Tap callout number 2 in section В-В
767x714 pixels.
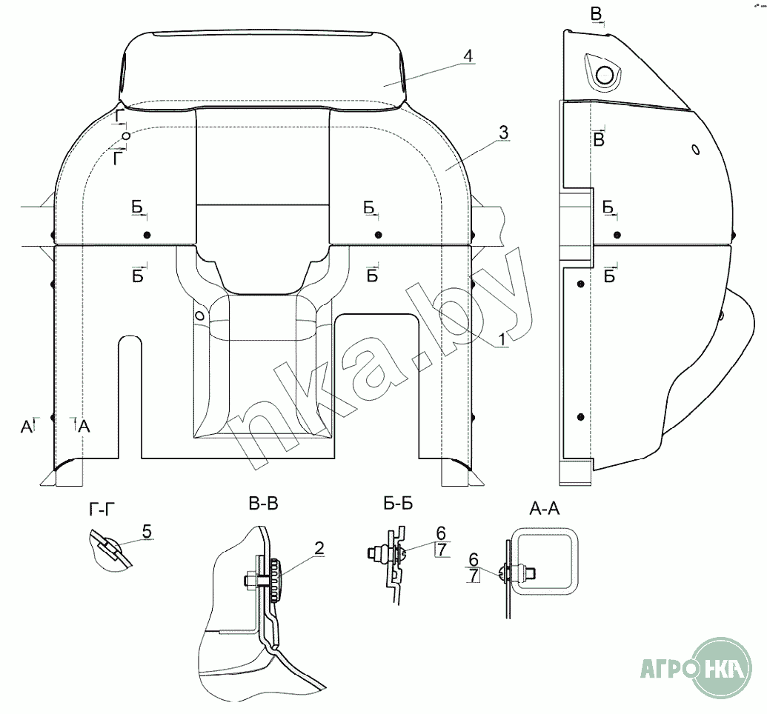tap(319, 549)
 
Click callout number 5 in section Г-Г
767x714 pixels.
tap(147, 530)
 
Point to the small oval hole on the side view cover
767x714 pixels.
tap(695, 149)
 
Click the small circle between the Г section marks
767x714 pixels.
tap(127, 136)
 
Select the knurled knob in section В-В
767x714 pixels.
tap(276, 580)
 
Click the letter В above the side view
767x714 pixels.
tap(597, 14)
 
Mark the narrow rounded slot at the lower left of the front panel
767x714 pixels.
tap(130, 396)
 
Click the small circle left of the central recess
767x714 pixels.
tap(199, 315)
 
